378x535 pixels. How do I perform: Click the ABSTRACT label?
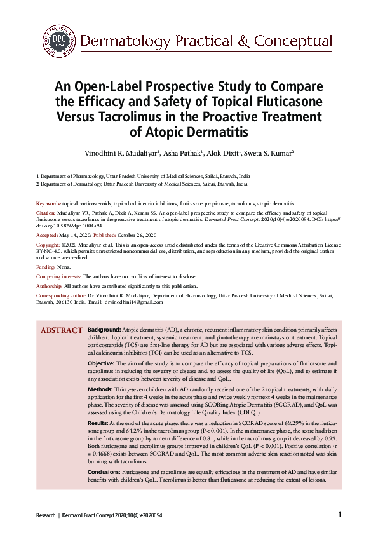61,331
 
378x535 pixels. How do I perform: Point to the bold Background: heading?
104,331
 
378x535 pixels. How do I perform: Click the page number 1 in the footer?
340,514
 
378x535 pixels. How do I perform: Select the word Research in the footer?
45,515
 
